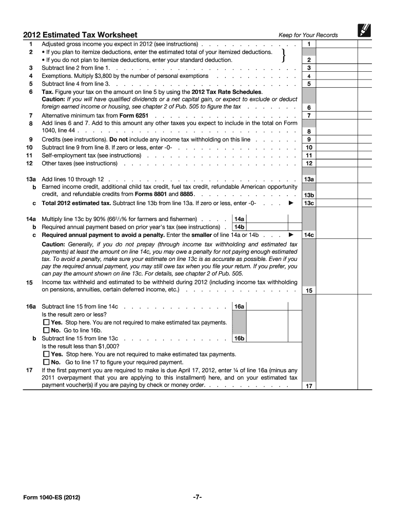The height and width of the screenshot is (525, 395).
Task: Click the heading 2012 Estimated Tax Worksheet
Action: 80,35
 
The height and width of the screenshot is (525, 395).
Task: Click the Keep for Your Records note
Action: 308,35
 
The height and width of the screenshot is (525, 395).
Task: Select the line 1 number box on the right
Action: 309,45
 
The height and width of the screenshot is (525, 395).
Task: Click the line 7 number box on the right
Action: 309,115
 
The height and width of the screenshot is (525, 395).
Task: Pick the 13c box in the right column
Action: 309,203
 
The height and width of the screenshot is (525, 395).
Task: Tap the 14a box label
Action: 239,218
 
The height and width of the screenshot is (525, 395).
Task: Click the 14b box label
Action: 239,227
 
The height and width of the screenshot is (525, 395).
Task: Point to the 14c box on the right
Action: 309,235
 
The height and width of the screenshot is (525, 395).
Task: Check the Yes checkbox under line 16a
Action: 47,322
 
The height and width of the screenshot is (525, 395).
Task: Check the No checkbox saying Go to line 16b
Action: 47,331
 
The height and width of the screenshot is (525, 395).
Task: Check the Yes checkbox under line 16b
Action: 47,354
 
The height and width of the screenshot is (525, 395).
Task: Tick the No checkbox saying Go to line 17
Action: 47,362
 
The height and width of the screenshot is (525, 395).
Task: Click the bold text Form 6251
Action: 134,115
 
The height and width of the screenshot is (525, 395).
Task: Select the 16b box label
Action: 239,338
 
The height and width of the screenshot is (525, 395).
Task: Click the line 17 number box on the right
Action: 309,386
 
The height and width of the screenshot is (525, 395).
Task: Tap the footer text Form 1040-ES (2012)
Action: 51,497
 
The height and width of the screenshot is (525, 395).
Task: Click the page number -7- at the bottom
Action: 197,497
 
